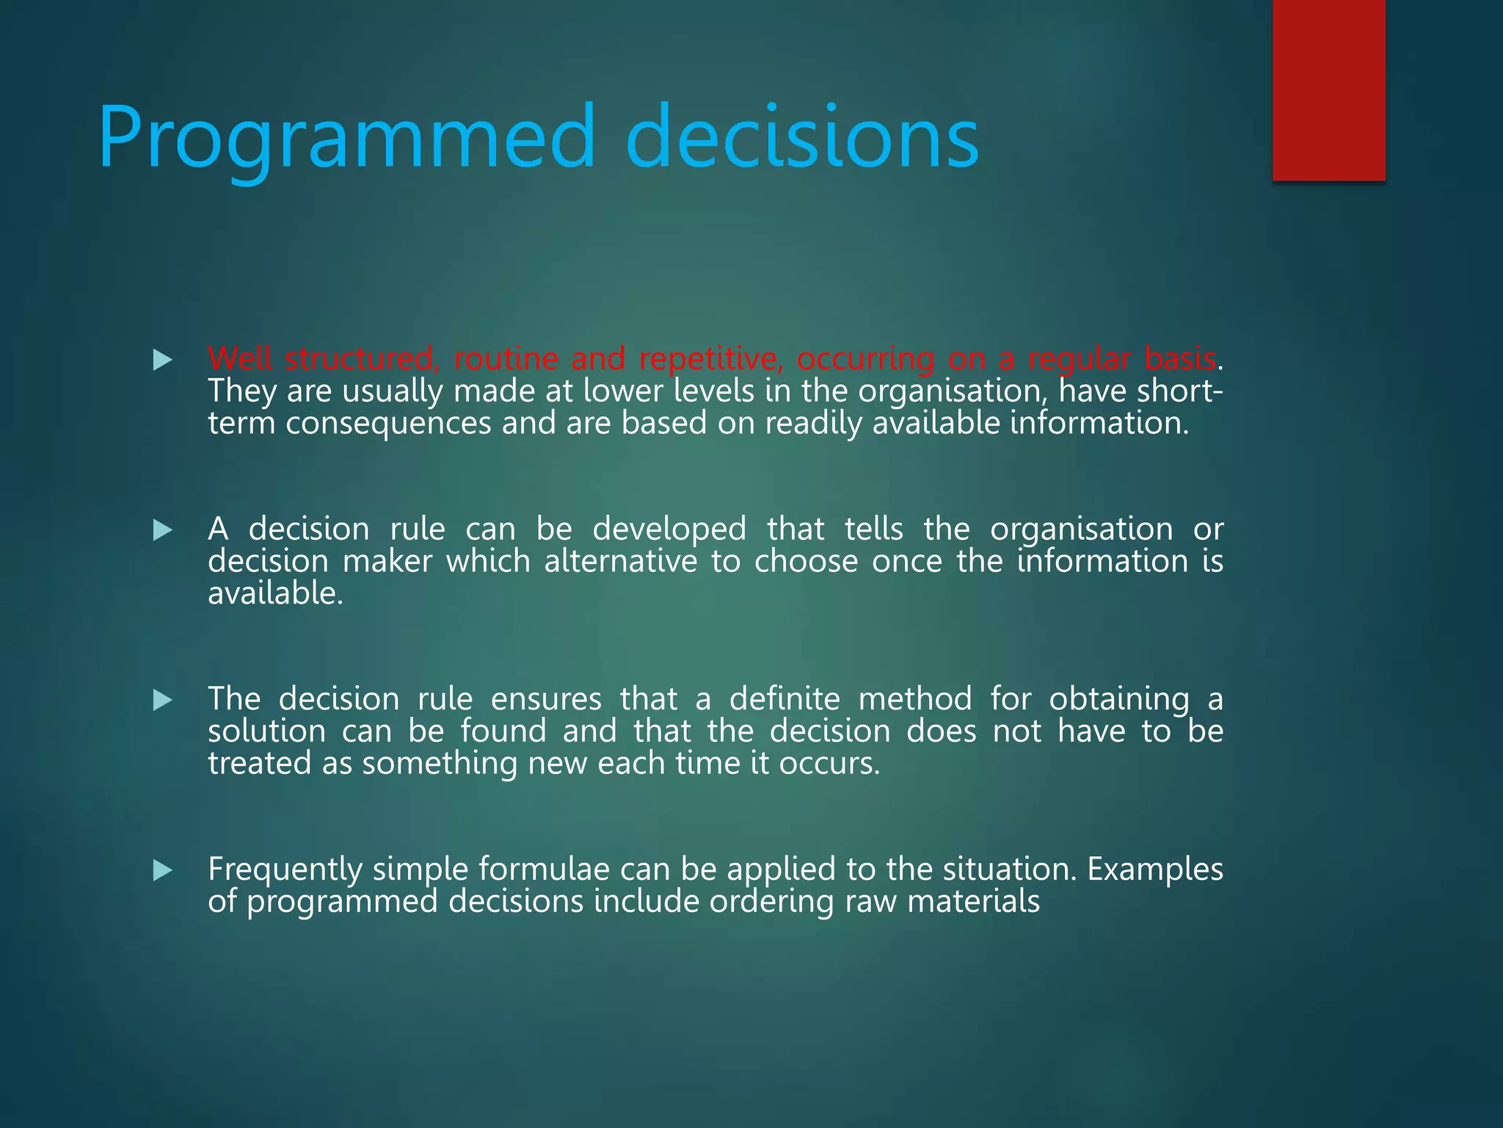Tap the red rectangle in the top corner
1328,90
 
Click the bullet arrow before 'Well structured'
162,360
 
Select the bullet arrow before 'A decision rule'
162,530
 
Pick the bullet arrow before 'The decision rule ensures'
162,700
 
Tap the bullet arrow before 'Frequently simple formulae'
162,870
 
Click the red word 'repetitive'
707,359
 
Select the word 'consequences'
388,424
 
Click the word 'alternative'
620,562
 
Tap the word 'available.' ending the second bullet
275,594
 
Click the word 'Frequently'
285,870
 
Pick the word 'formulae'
544,869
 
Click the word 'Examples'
1154,870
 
